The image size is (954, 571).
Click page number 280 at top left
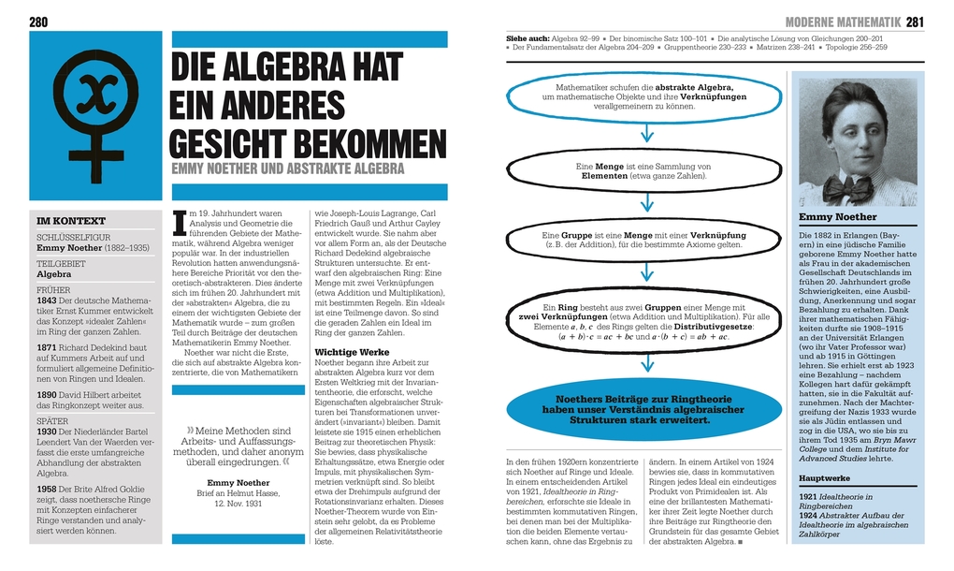tap(39, 22)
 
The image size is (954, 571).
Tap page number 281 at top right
tap(915, 22)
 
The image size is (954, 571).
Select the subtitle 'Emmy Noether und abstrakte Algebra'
tap(288, 169)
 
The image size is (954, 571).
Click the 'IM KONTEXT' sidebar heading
tap(71, 221)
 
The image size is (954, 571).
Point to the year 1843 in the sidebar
tap(46, 300)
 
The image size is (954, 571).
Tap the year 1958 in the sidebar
tap(47, 490)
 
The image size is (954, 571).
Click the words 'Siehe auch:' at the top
tap(527, 37)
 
